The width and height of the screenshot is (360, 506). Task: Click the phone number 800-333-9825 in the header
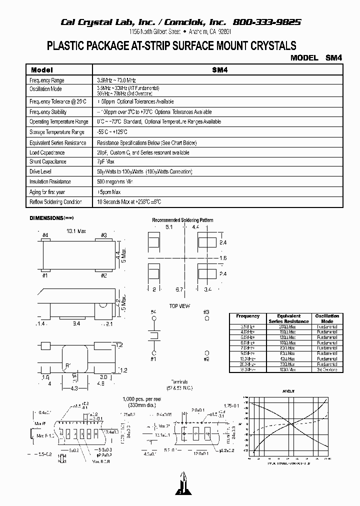(x=267, y=22)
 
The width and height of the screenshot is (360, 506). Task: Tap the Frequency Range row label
(x=47, y=80)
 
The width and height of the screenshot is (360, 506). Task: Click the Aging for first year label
(x=47, y=192)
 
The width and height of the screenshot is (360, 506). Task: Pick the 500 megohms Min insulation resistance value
(x=115, y=181)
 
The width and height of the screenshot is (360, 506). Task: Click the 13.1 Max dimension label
(x=76, y=231)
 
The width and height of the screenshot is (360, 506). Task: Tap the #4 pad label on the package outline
(x=45, y=235)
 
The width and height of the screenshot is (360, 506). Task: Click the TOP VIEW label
(x=179, y=306)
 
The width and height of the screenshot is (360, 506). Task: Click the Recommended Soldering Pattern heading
(x=182, y=220)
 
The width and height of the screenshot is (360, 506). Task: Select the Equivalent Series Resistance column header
(x=288, y=318)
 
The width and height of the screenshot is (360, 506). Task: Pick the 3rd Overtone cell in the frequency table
(x=327, y=369)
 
